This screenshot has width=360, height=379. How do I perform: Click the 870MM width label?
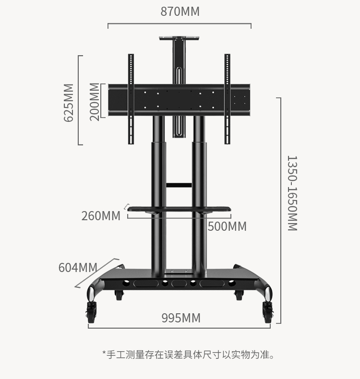(x=180, y=12)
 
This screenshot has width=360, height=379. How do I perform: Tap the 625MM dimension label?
(x=69, y=103)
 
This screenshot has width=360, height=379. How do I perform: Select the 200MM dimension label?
(x=95, y=102)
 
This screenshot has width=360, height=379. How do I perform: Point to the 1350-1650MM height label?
(x=292, y=193)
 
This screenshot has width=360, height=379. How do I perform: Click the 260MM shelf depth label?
(x=101, y=216)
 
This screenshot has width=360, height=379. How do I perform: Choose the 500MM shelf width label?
(x=227, y=226)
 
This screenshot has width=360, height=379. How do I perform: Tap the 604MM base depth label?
(x=78, y=268)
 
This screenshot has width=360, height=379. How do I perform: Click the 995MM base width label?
(x=181, y=318)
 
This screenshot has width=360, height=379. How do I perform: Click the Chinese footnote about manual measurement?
(x=189, y=355)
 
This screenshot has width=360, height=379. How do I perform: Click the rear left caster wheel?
(x=119, y=295)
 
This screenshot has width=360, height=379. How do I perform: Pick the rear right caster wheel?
(x=239, y=295)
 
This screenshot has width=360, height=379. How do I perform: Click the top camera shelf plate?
(x=179, y=38)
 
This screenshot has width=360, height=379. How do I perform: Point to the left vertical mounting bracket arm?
(x=131, y=99)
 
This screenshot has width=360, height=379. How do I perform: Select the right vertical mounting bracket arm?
(x=227, y=99)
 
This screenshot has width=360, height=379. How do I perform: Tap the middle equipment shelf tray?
(x=179, y=209)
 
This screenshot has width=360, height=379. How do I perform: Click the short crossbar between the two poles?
(x=179, y=185)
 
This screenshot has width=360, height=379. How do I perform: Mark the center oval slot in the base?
(x=179, y=284)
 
